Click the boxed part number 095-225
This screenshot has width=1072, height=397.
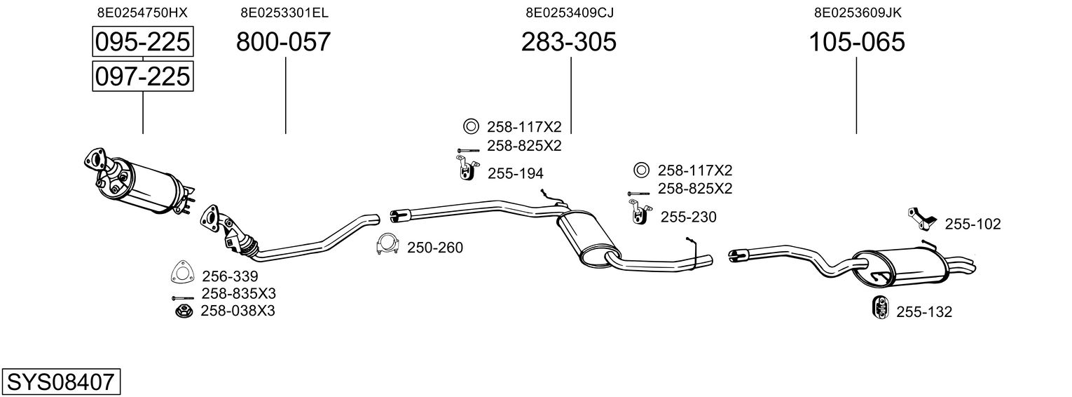(x=143, y=41)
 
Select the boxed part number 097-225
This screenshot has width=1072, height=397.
(x=143, y=76)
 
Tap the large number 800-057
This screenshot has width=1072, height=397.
(x=283, y=42)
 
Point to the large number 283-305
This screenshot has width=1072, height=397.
(x=568, y=42)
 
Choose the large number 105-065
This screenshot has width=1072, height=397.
(x=857, y=42)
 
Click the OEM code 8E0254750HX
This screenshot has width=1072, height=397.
(x=142, y=13)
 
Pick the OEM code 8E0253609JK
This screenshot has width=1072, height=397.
(x=858, y=13)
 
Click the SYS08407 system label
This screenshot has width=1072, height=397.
(x=61, y=382)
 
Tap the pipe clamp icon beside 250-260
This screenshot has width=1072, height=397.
(x=387, y=245)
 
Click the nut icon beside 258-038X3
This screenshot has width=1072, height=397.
(x=184, y=311)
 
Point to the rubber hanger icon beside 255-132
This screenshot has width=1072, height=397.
(x=879, y=307)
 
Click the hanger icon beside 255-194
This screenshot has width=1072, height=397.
(x=466, y=168)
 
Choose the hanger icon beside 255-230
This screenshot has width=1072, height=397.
(x=639, y=212)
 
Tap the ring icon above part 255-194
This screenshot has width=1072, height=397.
(x=471, y=126)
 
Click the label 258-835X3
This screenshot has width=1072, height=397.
(x=238, y=293)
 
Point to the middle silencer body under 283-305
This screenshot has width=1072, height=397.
(x=586, y=238)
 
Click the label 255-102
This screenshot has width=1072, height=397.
(x=973, y=224)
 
